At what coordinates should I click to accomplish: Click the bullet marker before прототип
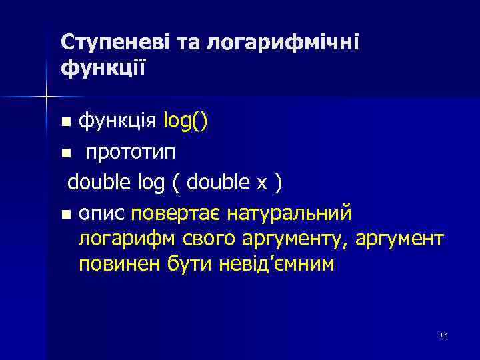(65, 153)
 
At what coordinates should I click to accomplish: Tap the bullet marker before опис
(65, 215)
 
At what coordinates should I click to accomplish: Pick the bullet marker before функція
(65, 123)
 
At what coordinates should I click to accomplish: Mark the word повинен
(115, 265)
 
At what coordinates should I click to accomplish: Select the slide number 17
(443, 335)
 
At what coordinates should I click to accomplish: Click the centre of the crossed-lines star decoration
(47, 97)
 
